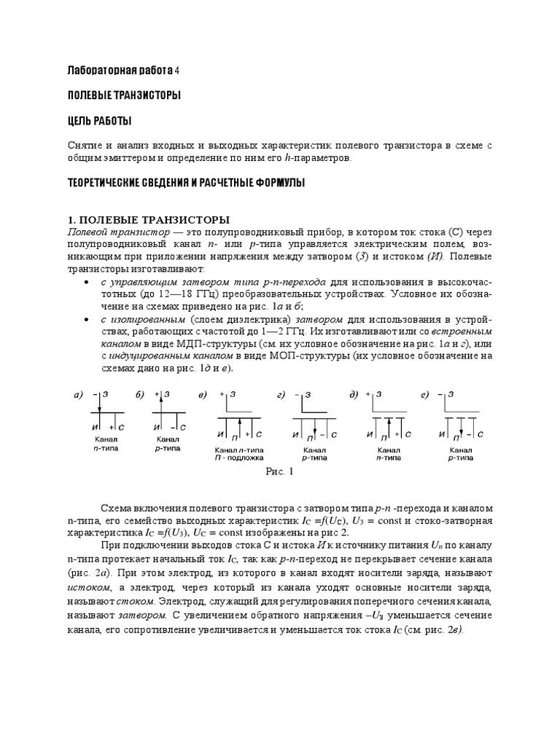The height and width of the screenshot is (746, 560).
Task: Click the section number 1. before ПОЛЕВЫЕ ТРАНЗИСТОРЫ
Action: pos(71,220)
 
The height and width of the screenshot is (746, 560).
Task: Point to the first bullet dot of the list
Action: pos(87,282)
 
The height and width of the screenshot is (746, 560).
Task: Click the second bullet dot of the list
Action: pos(87,320)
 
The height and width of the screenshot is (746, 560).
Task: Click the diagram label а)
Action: pos(78,395)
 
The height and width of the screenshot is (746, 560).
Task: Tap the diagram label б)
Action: pos(140,395)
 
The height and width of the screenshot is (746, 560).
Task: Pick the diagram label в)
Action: pos(203,395)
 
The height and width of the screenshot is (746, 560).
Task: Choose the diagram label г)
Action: pos(280,395)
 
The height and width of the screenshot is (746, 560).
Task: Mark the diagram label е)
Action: pos(424,395)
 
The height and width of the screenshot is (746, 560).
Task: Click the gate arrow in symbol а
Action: pos(98,405)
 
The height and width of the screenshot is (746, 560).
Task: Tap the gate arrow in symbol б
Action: pos(159,398)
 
